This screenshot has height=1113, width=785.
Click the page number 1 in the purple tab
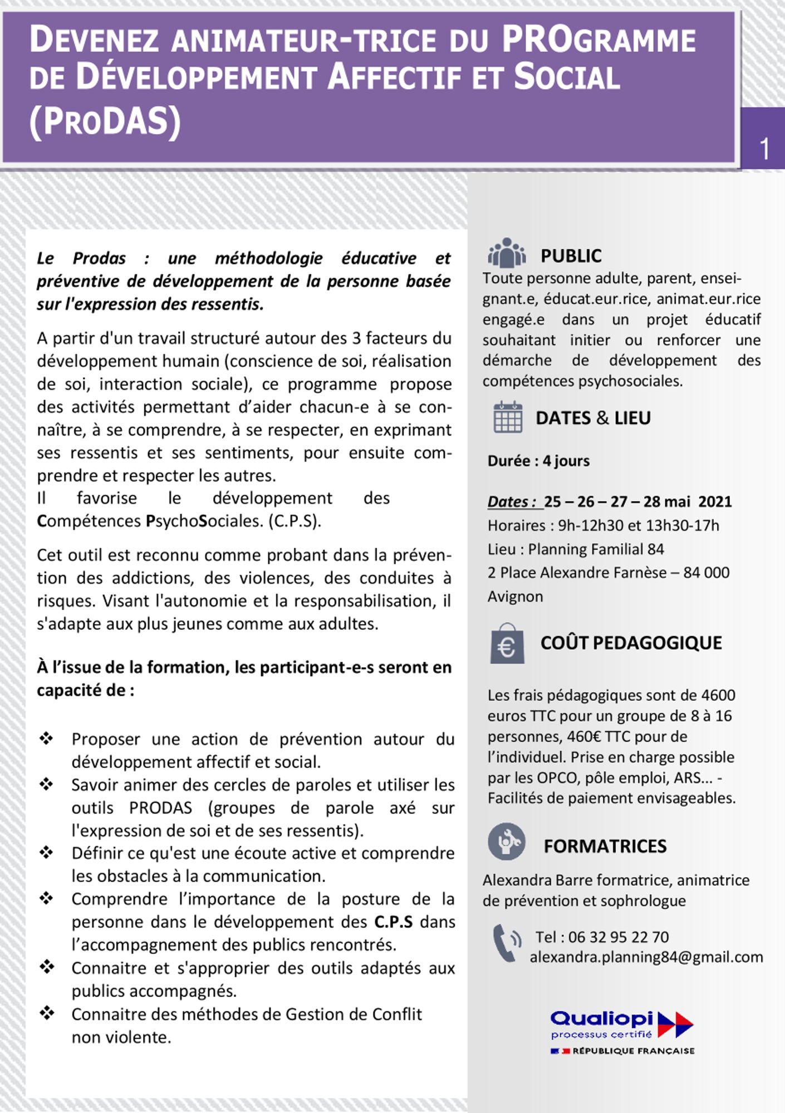click(x=764, y=149)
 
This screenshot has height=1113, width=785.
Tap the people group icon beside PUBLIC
click(x=506, y=254)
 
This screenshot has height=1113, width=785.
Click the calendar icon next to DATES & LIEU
click(x=508, y=417)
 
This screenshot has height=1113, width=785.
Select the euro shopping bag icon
click(x=507, y=644)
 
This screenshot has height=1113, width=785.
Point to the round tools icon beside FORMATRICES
click(x=507, y=841)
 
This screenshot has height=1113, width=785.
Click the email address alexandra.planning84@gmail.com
click(x=646, y=957)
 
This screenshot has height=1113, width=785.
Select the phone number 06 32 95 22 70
click(x=618, y=937)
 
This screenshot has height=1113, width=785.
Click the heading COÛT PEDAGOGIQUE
click(x=631, y=643)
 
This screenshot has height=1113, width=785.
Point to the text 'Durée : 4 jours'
click(x=538, y=461)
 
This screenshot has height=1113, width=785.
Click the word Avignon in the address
click(x=515, y=597)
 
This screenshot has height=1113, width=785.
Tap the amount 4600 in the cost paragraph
click(x=718, y=695)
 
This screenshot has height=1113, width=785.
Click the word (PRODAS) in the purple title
click(x=105, y=122)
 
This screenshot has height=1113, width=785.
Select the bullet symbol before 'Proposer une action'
click(x=46, y=738)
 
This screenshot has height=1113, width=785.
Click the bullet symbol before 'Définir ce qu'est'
click(x=46, y=852)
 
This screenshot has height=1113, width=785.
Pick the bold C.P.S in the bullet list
click(x=393, y=922)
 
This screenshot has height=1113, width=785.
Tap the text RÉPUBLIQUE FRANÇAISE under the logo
click(x=633, y=1051)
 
